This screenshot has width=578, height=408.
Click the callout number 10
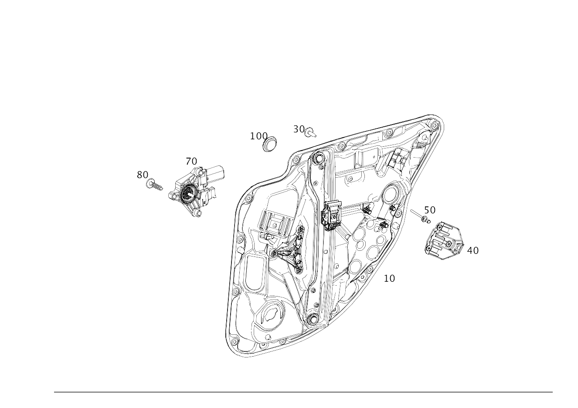click(389, 278)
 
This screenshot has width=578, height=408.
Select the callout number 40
click(473, 250)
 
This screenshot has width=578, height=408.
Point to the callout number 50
click(430, 210)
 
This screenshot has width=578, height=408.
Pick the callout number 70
click(191, 162)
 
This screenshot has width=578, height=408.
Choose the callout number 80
click(142, 175)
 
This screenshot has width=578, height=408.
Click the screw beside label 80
click(154, 185)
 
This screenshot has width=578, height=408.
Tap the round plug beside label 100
click(271, 144)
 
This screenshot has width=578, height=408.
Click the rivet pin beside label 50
click(418, 216)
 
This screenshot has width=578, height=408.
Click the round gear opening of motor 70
click(189, 192)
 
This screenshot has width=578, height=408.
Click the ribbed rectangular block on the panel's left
click(273, 223)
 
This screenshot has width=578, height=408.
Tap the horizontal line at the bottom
click(303, 392)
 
